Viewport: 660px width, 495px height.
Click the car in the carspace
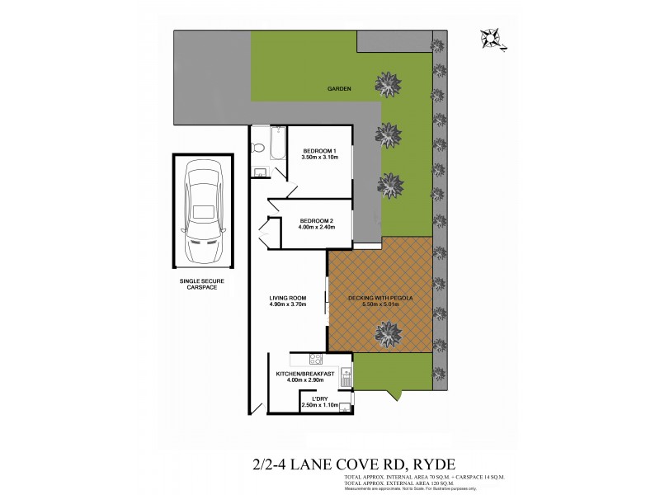[203, 211]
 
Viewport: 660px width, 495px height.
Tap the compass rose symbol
[493, 37]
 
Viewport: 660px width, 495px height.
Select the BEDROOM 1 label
[319, 150]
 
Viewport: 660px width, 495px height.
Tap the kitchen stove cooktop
[314, 359]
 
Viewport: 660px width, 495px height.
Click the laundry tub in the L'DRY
[344, 406]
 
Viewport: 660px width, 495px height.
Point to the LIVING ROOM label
[288, 298]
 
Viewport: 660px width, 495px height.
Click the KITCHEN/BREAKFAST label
[305, 374]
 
